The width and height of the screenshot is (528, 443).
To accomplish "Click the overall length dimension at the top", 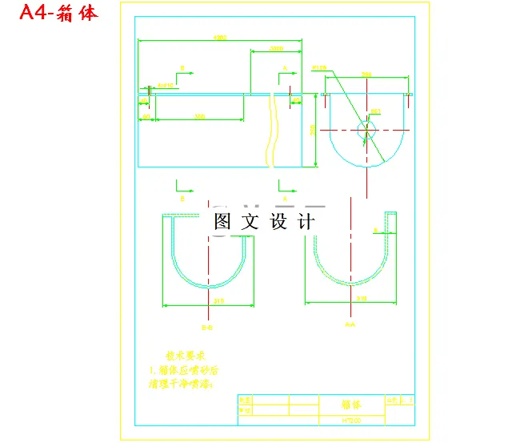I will coord(219,38).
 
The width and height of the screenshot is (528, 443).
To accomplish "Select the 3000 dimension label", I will coord(277,49).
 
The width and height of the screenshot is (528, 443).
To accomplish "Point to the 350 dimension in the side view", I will coord(199,117).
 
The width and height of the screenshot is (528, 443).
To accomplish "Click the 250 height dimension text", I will coord(313,129).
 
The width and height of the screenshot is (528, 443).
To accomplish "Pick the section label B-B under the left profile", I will coord(206,328).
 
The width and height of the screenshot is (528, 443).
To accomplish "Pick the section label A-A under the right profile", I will coord(349,324).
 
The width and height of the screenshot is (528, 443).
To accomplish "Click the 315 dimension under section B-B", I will coord(209,301).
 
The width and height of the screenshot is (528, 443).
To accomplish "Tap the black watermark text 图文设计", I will coord(264,222).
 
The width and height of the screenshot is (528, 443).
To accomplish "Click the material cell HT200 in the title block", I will coord(352,419).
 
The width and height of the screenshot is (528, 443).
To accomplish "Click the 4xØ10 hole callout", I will coord(166,84).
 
